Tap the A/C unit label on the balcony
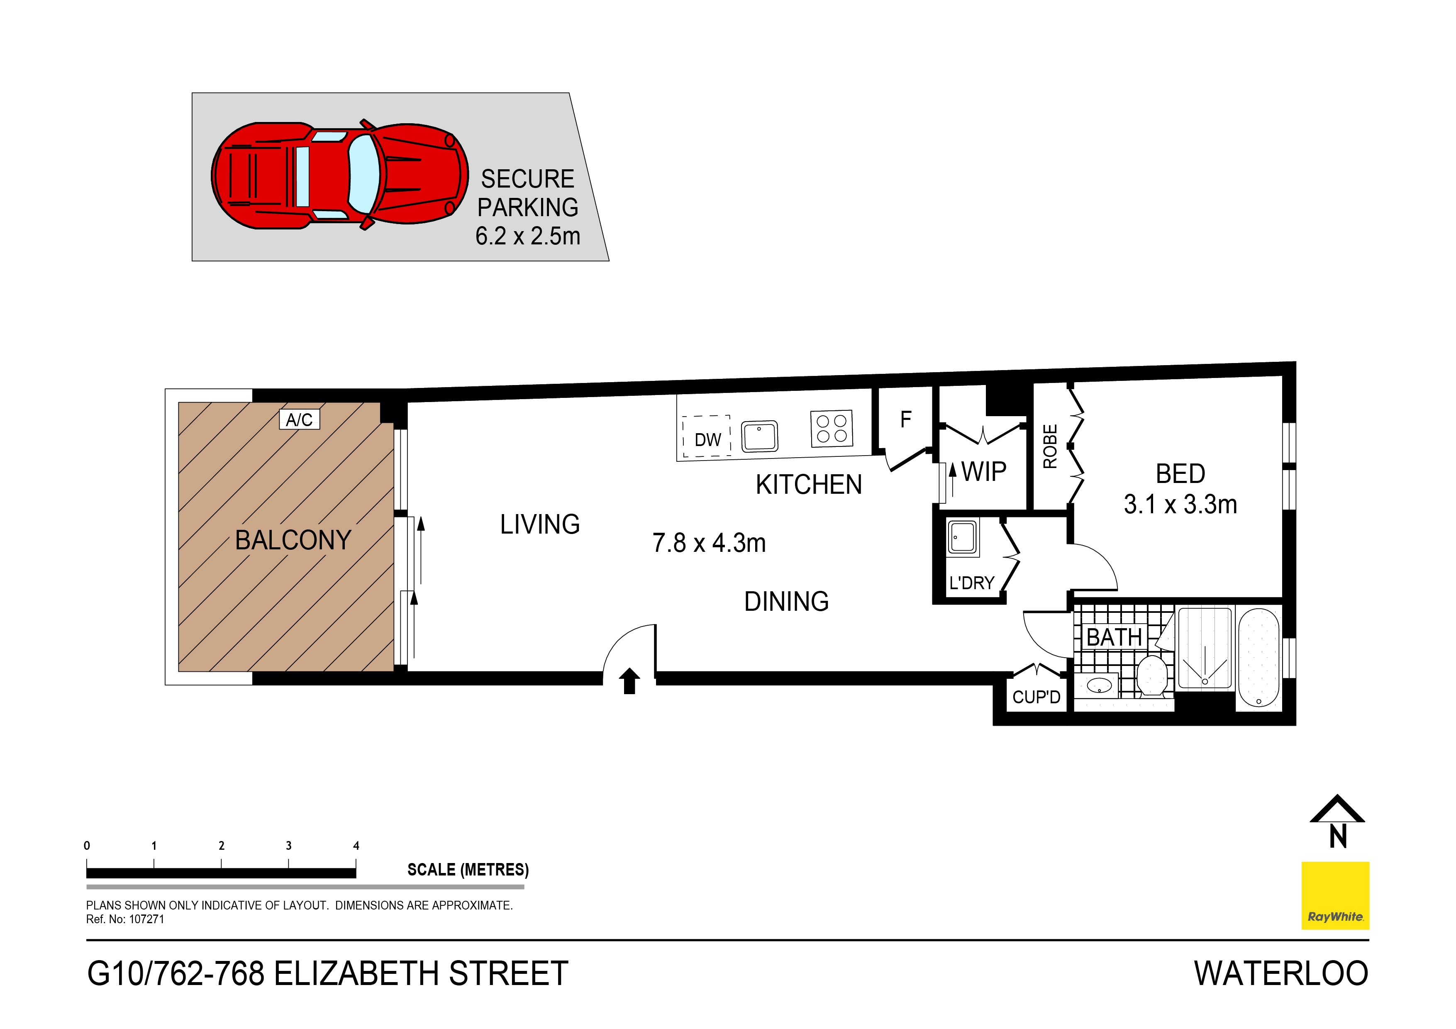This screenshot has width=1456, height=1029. coord(299,420)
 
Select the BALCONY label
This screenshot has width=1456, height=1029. coord(293,540)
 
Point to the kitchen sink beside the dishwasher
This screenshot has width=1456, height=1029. coord(760,436)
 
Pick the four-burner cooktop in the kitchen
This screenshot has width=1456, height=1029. coord(832,429)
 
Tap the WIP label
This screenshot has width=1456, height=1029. coord(983,472)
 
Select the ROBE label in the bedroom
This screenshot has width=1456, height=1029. coord(1050,446)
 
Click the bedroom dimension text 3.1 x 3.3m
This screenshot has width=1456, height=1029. coord(1180,505)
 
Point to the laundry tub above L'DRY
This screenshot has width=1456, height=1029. coord(963,537)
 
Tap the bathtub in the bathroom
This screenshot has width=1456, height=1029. coord(1259,658)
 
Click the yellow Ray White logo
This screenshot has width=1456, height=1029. coord(1335,895)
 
